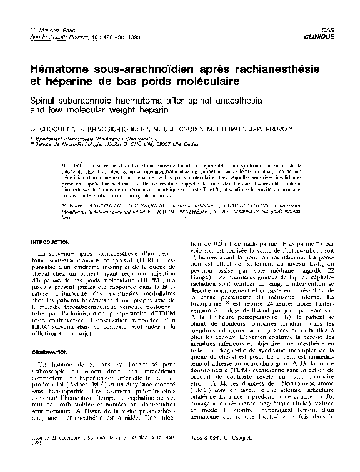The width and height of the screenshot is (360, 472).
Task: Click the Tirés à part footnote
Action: (210, 457)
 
